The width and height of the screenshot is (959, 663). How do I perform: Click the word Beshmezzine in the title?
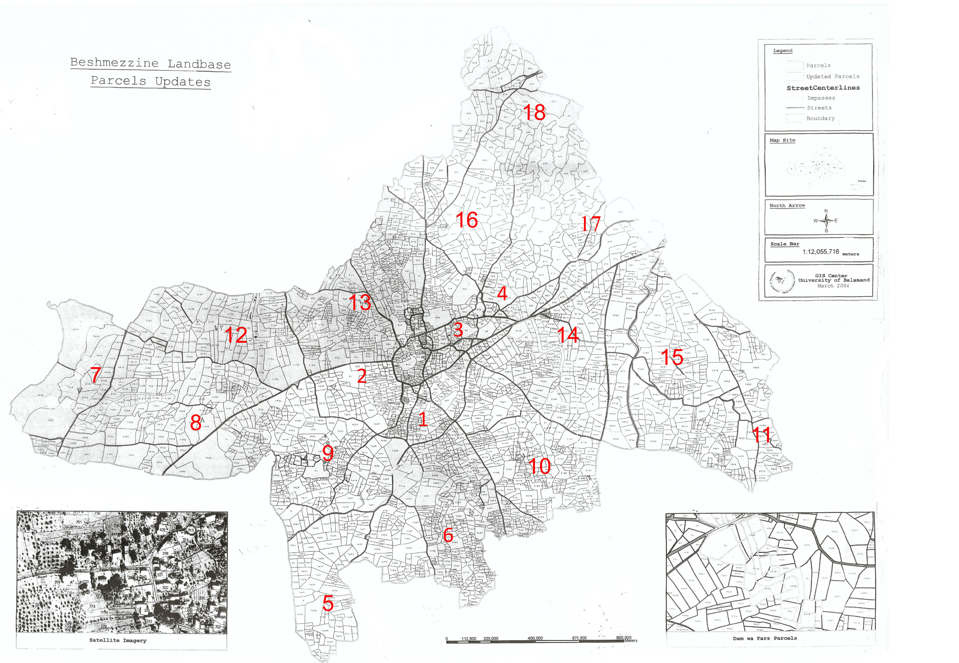[114, 63]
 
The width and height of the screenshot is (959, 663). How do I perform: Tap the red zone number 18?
[534, 112]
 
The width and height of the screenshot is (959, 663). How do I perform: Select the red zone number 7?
[96, 375]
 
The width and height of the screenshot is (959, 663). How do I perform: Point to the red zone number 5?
[328, 603]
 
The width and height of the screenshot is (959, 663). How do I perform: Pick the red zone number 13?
[360, 302]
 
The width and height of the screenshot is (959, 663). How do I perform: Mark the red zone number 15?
[672, 357]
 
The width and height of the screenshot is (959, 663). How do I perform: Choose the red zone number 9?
[328, 453]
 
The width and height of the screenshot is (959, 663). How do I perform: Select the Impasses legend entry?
[821, 98]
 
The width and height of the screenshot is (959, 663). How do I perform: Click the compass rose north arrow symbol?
[826, 221]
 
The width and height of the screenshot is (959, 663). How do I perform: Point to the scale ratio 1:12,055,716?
[821, 252]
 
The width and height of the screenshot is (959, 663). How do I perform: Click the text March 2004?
[833, 286]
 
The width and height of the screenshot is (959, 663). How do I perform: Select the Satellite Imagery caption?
[118, 640]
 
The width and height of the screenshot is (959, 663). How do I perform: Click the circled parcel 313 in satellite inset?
[191, 530]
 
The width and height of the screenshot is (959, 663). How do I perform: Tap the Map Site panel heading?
[782, 141]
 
